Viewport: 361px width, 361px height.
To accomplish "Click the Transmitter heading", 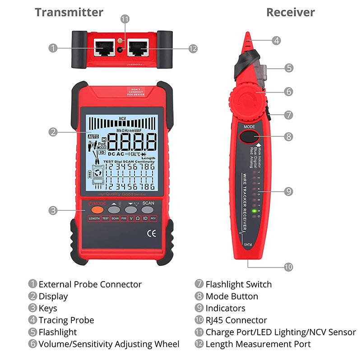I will tap(69, 12).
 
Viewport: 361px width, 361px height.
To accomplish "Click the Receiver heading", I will tap(290, 12).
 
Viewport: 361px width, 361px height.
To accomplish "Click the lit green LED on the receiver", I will tap(255, 211).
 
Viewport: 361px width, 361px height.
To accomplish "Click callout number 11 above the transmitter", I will tap(125, 19).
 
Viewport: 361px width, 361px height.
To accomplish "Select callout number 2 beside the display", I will tap(53, 132).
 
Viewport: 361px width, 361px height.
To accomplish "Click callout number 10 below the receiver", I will tap(288, 267).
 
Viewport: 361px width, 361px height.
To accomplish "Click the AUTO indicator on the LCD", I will tap(93, 136).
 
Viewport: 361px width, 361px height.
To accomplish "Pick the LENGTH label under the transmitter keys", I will tap(94, 218).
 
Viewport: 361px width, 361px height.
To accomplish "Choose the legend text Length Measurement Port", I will tap(258, 344).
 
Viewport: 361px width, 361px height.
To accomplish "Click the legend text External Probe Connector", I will tap(90, 284).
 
